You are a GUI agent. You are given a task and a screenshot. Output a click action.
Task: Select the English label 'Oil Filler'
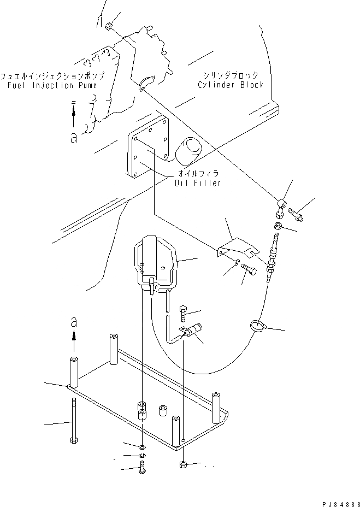(198, 183)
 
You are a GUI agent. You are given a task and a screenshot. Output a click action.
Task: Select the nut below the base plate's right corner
(184, 465)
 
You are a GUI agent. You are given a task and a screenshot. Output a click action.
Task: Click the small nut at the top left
(109, 26)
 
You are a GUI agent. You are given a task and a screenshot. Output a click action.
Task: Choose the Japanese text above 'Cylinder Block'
(230, 75)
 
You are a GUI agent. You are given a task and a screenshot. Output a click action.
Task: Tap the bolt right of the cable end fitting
(297, 212)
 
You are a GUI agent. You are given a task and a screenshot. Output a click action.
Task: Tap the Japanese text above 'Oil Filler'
(197, 173)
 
